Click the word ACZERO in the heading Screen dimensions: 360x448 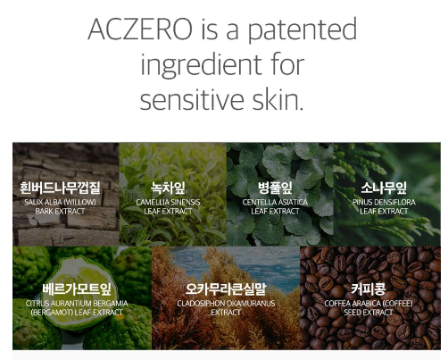(x=139, y=29)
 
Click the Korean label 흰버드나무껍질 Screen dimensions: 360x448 (x=61, y=188)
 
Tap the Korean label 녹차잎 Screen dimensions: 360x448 (x=169, y=188)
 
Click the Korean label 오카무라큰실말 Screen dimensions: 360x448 (x=226, y=289)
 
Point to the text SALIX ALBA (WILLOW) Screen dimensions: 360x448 (x=61, y=203)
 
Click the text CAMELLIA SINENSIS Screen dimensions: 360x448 (x=169, y=203)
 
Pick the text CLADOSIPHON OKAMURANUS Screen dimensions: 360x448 (x=226, y=304)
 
